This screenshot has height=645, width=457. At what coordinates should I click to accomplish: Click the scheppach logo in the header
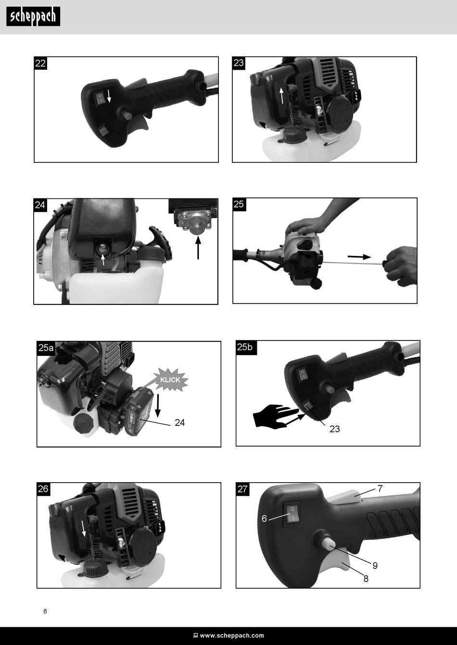[33, 17]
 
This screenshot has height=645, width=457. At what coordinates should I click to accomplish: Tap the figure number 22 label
[40, 63]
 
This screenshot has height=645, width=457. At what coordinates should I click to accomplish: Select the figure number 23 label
[239, 63]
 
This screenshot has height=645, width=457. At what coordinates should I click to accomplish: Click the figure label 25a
[46, 348]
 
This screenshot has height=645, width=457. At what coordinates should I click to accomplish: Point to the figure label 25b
[245, 347]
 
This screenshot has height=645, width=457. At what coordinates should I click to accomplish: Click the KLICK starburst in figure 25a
[170, 379]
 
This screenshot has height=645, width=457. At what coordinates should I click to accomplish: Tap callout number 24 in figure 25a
[179, 423]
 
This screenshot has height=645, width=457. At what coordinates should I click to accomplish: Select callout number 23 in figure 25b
[334, 429]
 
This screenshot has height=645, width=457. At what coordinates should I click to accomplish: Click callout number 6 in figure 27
[264, 518]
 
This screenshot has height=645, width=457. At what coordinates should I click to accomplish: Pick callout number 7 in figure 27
[380, 488]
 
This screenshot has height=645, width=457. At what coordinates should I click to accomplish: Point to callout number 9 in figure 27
[375, 566]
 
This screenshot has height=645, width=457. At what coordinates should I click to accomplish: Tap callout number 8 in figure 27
[366, 579]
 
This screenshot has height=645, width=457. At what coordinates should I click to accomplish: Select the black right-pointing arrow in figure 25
[359, 256]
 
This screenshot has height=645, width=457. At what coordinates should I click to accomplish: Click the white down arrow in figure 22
[109, 96]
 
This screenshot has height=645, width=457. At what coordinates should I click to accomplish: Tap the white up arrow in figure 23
[282, 96]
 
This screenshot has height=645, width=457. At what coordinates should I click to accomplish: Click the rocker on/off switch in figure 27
[292, 515]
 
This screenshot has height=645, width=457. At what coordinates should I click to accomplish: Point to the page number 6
[45, 611]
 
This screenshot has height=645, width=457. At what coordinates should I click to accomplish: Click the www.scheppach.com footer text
[232, 635]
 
